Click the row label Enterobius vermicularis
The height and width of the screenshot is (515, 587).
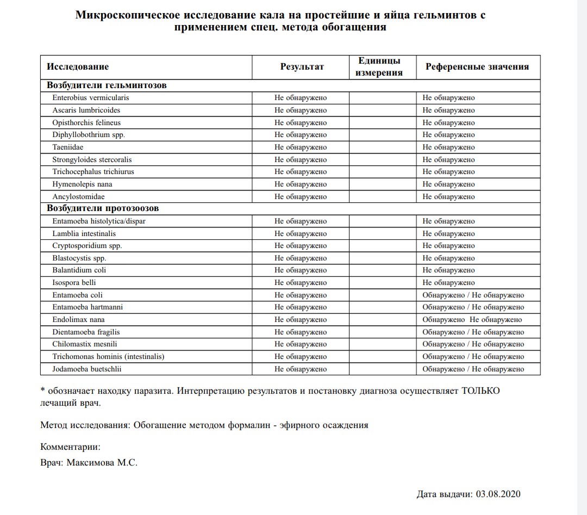[x=91, y=98]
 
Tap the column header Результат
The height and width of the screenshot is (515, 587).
[x=302, y=67]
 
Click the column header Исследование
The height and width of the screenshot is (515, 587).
[x=78, y=67]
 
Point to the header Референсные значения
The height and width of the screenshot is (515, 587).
[x=477, y=67]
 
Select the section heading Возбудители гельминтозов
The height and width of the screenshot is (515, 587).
[x=107, y=85]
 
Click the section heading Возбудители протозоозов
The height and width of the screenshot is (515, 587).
[x=103, y=208]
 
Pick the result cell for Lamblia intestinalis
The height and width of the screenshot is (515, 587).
[x=301, y=234]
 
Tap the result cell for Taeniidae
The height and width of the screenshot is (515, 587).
[x=301, y=147]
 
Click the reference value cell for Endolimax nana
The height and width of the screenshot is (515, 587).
[x=472, y=320]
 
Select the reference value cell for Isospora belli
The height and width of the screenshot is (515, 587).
[x=449, y=283]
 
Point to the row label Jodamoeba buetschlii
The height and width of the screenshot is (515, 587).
[x=87, y=369]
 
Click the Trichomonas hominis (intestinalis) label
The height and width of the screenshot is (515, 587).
[x=108, y=357]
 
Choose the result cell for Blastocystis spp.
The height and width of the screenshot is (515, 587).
[x=301, y=258]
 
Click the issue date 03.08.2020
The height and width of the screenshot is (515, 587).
[x=498, y=494]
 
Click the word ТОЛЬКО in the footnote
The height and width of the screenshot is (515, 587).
[x=480, y=391]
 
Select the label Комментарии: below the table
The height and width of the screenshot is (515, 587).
[x=71, y=447]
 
